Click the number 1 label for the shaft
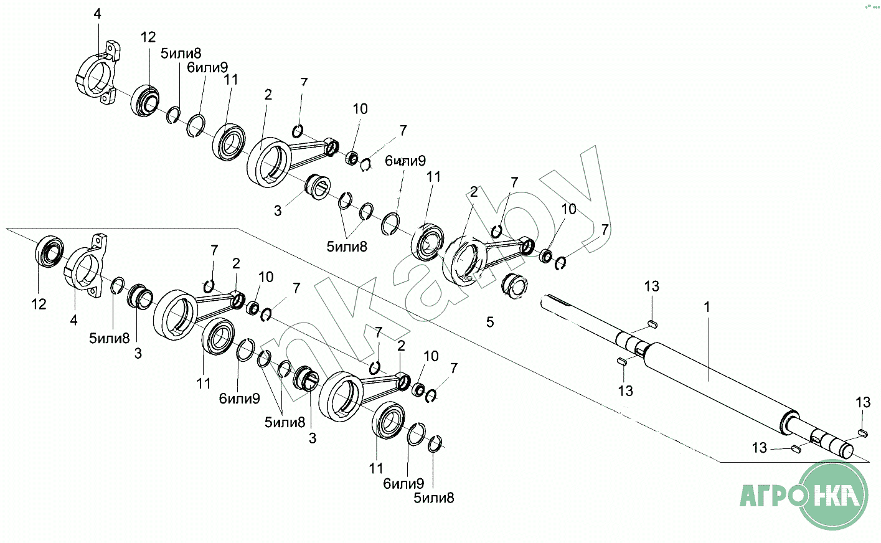pyautogui.click(x=707, y=307)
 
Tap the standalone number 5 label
pyautogui.click(x=490, y=322)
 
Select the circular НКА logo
pyautogui.click(x=832, y=495)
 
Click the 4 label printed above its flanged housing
pyautogui.click(x=97, y=14)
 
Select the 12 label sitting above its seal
pyautogui.click(x=148, y=37)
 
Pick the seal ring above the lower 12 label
pyautogui.click(x=49, y=252)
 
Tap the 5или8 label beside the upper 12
pyautogui.click(x=181, y=54)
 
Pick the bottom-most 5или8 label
pyautogui.click(x=434, y=498)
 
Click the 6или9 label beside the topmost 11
pyautogui.click(x=207, y=67)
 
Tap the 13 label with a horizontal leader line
pyautogui.click(x=759, y=448)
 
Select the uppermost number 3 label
pyautogui.click(x=278, y=211)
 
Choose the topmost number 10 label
pyautogui.click(x=360, y=109)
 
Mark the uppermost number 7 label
pyautogui.click(x=304, y=82)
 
